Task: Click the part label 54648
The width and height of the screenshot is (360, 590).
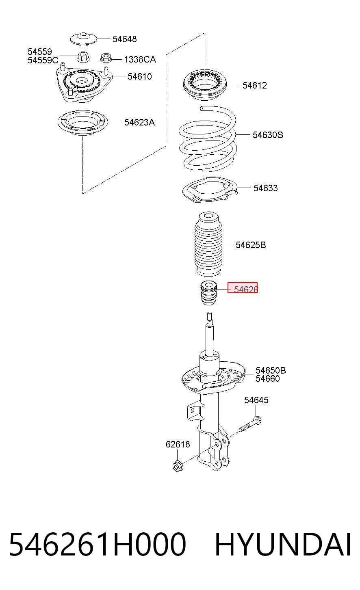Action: (124, 39)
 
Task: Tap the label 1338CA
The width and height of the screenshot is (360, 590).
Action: (140, 60)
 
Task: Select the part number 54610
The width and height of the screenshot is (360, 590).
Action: (140, 76)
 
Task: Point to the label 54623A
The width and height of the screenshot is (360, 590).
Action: (139, 122)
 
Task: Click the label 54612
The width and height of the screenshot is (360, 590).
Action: (255, 85)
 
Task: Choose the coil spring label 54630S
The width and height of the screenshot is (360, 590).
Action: (268, 135)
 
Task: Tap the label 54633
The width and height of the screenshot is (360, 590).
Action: (265, 188)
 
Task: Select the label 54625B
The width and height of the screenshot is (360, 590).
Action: (251, 245)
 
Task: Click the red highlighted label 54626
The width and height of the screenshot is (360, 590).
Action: (243, 287)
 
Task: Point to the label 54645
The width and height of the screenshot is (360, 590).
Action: (256, 400)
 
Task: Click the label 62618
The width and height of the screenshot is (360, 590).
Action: (178, 444)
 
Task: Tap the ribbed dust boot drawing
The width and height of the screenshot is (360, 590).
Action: (208, 244)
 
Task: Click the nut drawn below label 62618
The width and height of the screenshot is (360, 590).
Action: (178, 467)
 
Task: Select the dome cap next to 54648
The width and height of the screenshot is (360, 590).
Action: (84, 39)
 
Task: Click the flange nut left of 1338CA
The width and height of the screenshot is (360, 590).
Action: (106, 58)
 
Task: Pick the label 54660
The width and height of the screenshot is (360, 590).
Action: (267, 378)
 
